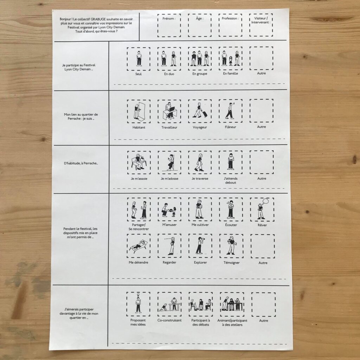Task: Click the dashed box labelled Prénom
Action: pos(158,25)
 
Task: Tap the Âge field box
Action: pos(188,25)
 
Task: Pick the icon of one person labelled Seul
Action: pos(139,59)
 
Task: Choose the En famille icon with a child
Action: pos(231,59)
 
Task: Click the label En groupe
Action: pos(200,74)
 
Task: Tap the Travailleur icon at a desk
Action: pos(169,111)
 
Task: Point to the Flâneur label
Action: pos(231,127)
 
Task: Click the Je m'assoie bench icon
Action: pos(139,162)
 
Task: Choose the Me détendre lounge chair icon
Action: pos(139,245)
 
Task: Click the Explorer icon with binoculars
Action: pos(200,246)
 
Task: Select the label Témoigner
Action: pos(231,263)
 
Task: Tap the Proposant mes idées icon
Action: pos(138,303)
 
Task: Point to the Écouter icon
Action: pos(231,209)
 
